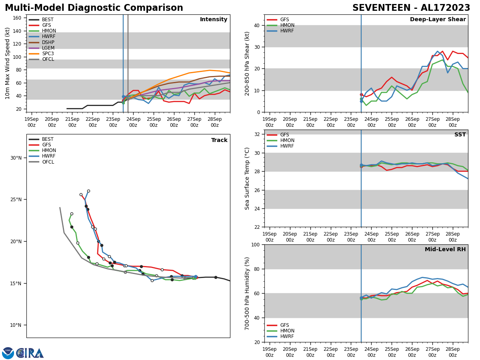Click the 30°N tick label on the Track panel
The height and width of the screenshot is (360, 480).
16,158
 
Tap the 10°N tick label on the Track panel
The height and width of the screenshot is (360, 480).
16,325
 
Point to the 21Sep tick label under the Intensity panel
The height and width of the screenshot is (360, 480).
72,122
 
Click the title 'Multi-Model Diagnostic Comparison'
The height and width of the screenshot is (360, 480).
94,8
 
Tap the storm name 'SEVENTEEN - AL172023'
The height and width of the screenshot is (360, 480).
411,8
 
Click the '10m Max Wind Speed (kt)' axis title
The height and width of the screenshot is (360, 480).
8,63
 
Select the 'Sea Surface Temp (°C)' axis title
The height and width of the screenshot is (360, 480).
247,178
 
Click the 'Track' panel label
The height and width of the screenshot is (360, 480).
219,140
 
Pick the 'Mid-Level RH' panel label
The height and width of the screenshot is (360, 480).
445,250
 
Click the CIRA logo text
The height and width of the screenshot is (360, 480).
30,353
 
